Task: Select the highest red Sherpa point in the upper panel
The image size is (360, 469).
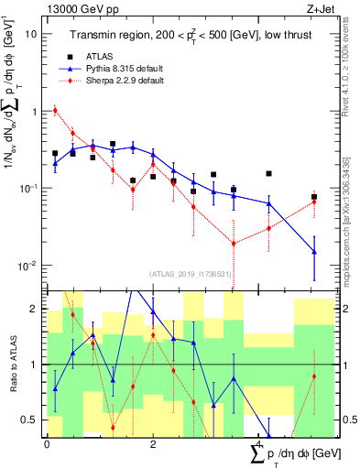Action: click(x=55, y=111)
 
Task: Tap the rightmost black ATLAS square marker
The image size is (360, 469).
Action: click(x=313, y=197)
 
